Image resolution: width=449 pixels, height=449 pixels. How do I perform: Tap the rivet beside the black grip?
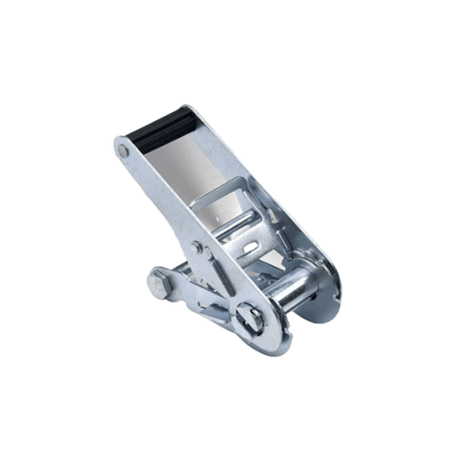[123, 151]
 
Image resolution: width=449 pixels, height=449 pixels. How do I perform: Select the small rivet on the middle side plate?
[196, 248]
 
